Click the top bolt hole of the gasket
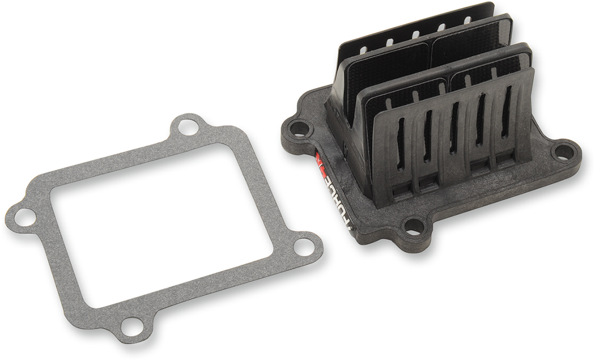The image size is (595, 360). pos(187,127)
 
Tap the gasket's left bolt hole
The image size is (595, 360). pos(24,217)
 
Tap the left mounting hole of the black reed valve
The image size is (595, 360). pos(300,129)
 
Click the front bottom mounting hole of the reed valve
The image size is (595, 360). pos(414,226)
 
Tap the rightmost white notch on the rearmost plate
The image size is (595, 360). pos(468,20)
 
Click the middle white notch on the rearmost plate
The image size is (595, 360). pos(415,34)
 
